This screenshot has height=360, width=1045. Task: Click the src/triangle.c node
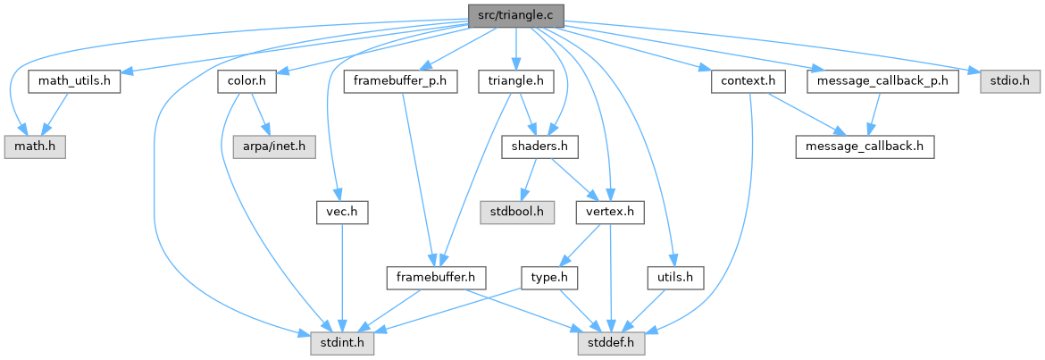pos(515,15)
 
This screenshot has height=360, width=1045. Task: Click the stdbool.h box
pos(517,213)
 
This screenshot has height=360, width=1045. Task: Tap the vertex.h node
pos(610,213)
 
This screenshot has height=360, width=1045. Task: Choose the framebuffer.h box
pos(435,278)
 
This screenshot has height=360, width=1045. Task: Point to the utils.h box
pos(674,278)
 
